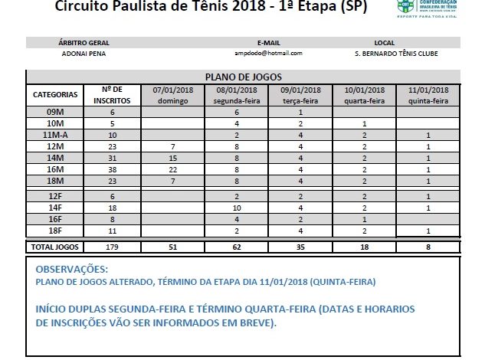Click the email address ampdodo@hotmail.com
click(x=268, y=53)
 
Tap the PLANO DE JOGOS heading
click(x=244, y=77)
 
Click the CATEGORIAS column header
click(x=55, y=95)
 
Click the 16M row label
click(x=55, y=169)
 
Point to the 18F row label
click(x=55, y=230)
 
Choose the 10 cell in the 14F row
click(x=237, y=207)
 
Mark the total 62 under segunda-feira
click(x=237, y=247)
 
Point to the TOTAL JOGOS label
click(x=54, y=247)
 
